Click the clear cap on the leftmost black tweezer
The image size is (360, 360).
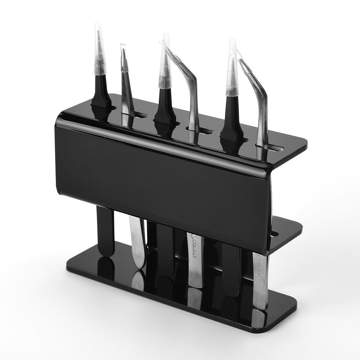click(x=99, y=50)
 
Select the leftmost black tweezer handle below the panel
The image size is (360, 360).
click(x=105, y=230)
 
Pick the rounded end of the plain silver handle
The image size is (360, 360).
click(x=139, y=261)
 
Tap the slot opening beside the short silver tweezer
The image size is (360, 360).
click(x=141, y=116)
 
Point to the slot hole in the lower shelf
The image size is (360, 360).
click(x=274, y=234)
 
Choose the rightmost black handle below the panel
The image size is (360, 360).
click(x=230, y=266)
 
